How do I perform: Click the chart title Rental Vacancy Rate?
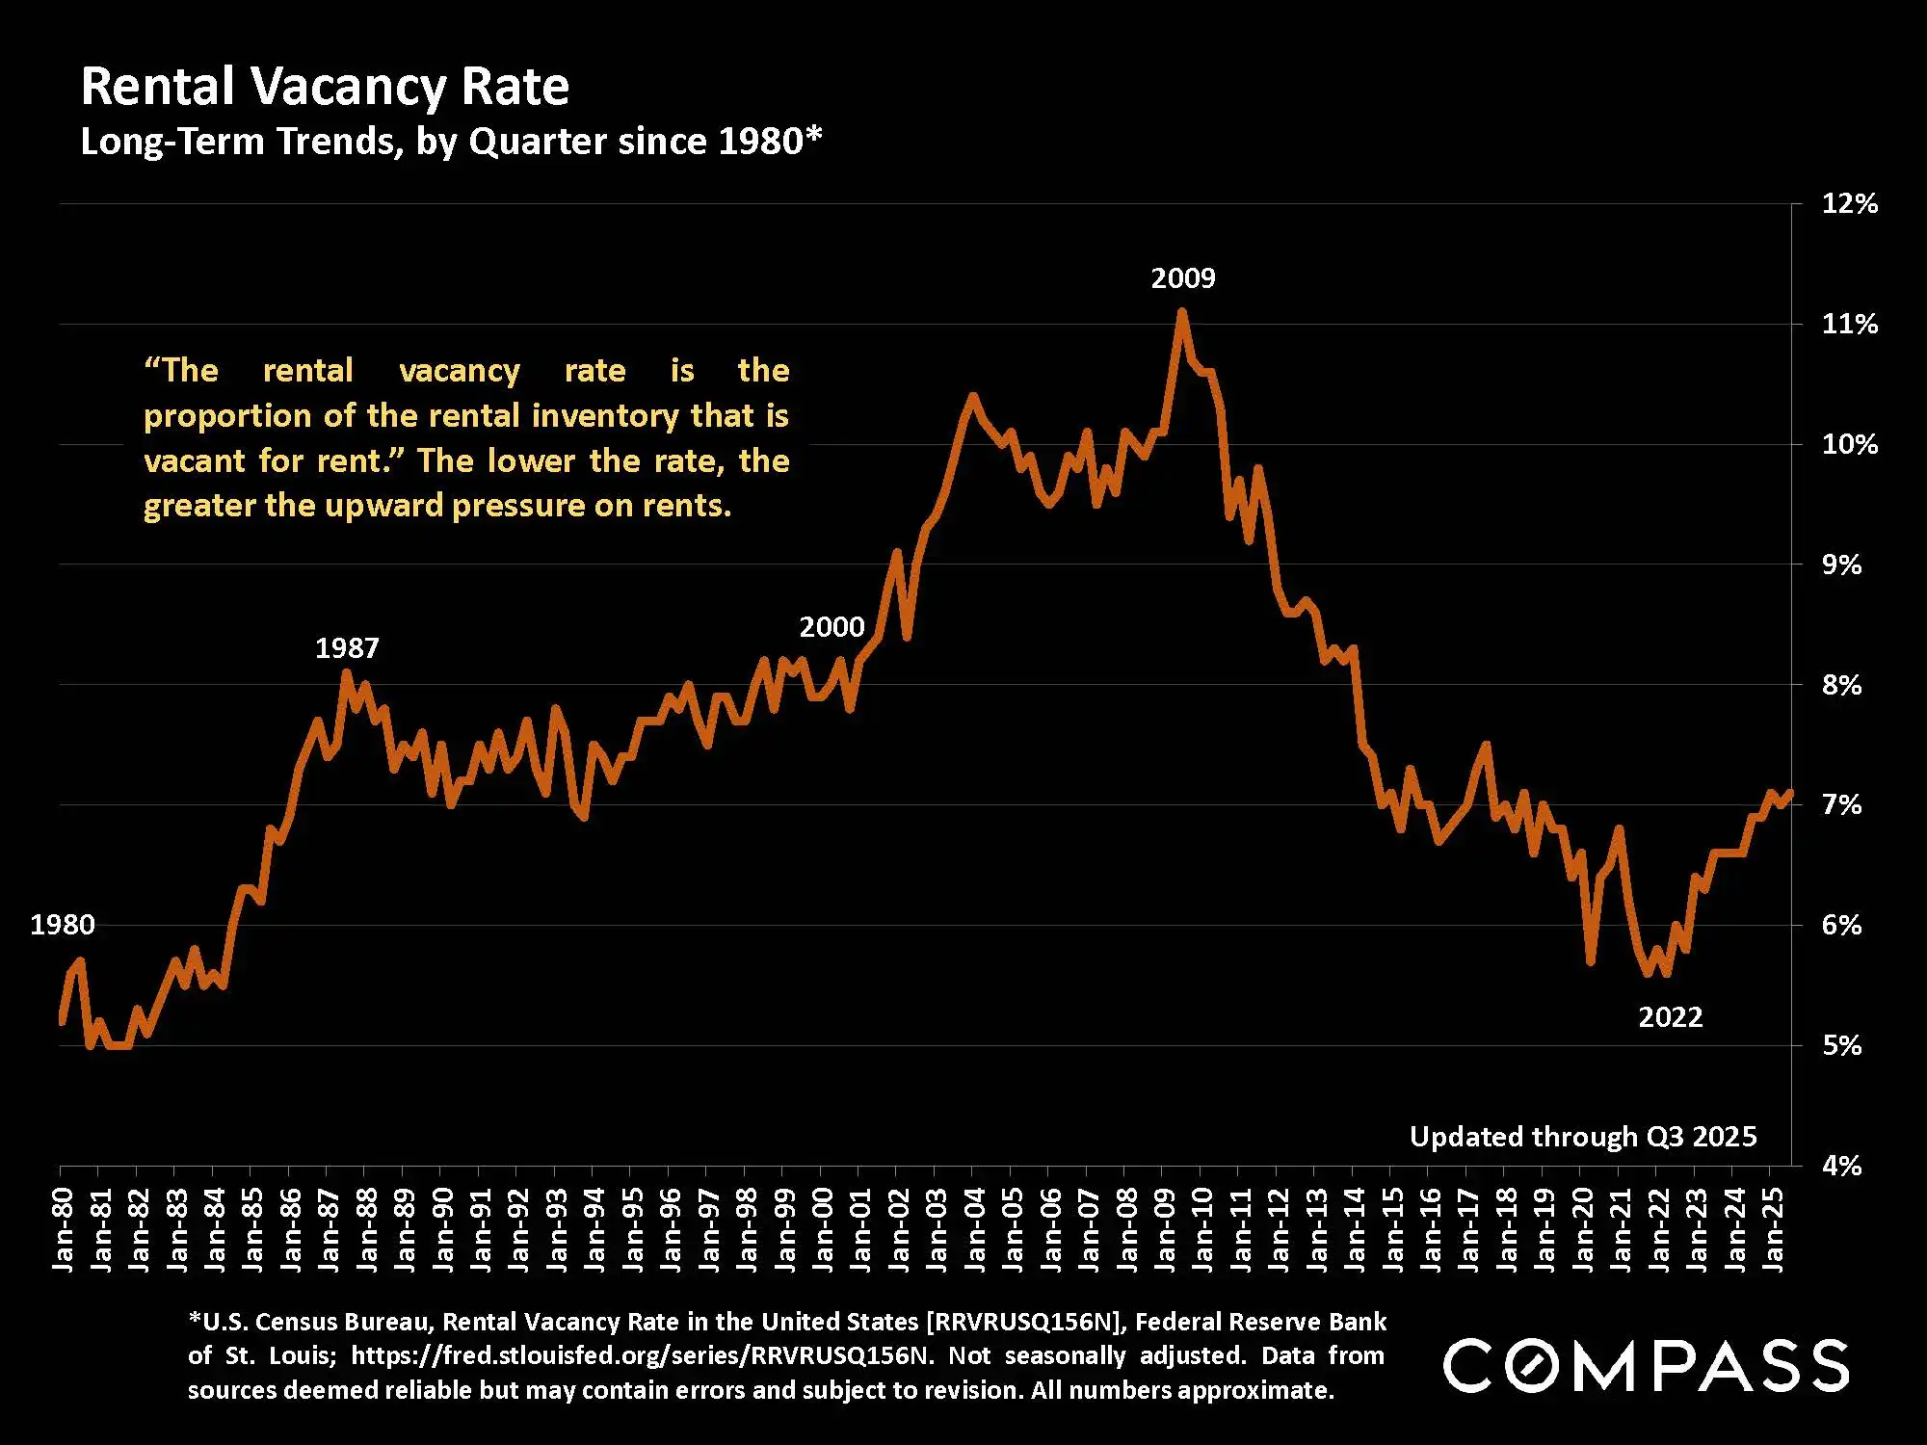pyautogui.click(x=325, y=87)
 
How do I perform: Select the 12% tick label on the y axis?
pyautogui.click(x=1849, y=203)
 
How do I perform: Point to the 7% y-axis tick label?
pyautogui.click(x=1841, y=804)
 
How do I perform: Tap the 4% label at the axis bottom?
pyautogui.click(x=1841, y=1166)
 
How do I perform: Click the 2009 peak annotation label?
pyautogui.click(x=1183, y=278)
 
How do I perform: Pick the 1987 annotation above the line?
pyautogui.click(x=347, y=647)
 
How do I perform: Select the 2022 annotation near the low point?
pyautogui.click(x=1671, y=1017)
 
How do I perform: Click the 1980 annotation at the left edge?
pyautogui.click(x=63, y=925)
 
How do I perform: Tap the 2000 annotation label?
pyautogui.click(x=832, y=627)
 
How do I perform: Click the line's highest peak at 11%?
pyautogui.click(x=1182, y=311)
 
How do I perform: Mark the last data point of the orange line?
pyautogui.click(x=1790, y=793)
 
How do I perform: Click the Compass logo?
pyautogui.click(x=1646, y=1365)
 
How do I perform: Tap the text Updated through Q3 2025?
pyautogui.click(x=1583, y=1137)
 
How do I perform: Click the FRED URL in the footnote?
pyautogui.click(x=640, y=1355)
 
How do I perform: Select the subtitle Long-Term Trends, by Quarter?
pyautogui.click(x=451, y=142)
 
